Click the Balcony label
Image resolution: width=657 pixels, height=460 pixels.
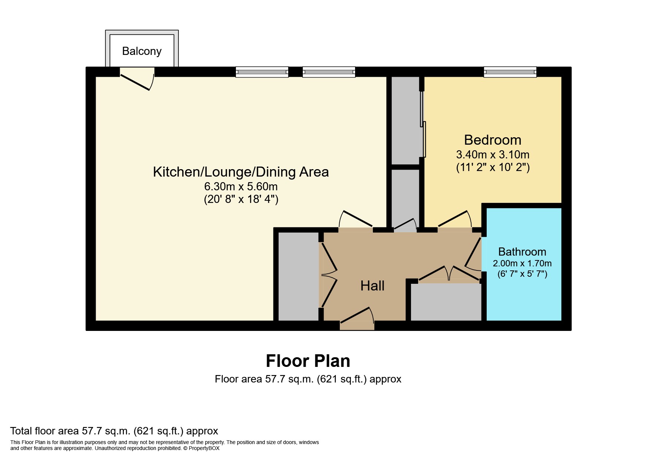[x=142, y=51]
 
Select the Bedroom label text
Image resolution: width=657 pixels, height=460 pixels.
[x=493, y=140]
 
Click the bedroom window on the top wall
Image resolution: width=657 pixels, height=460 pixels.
[x=510, y=72]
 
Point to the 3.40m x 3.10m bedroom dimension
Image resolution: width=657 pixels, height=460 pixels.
[x=493, y=154]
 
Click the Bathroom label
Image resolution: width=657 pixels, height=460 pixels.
[x=522, y=252]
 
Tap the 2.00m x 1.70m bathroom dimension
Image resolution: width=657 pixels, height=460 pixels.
[x=522, y=263]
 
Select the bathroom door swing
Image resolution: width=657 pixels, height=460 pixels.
[x=473, y=256]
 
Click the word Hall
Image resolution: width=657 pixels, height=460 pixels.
[x=372, y=286]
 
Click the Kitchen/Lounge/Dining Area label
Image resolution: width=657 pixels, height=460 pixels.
[x=241, y=172]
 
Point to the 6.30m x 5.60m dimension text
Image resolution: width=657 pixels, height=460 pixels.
[x=241, y=186]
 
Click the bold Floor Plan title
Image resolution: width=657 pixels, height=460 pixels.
[x=308, y=361]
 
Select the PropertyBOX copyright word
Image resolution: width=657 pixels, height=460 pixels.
[x=204, y=448]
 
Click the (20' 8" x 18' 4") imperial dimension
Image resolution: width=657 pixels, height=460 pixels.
[x=241, y=199]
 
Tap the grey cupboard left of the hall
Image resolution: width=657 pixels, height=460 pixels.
[x=298, y=276]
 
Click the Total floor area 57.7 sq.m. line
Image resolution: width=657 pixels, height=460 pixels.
[x=114, y=431]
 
